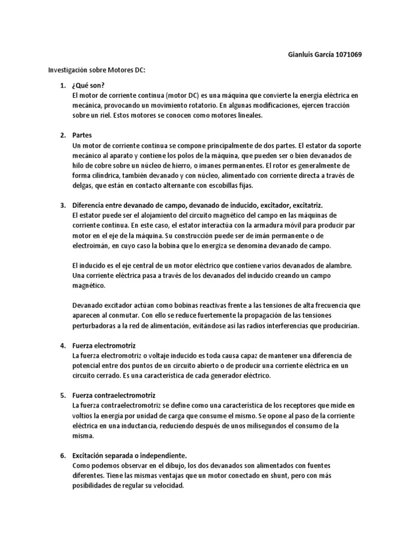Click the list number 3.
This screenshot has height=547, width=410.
[x=62, y=205]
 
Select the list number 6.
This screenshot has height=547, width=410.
[x=62, y=456]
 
